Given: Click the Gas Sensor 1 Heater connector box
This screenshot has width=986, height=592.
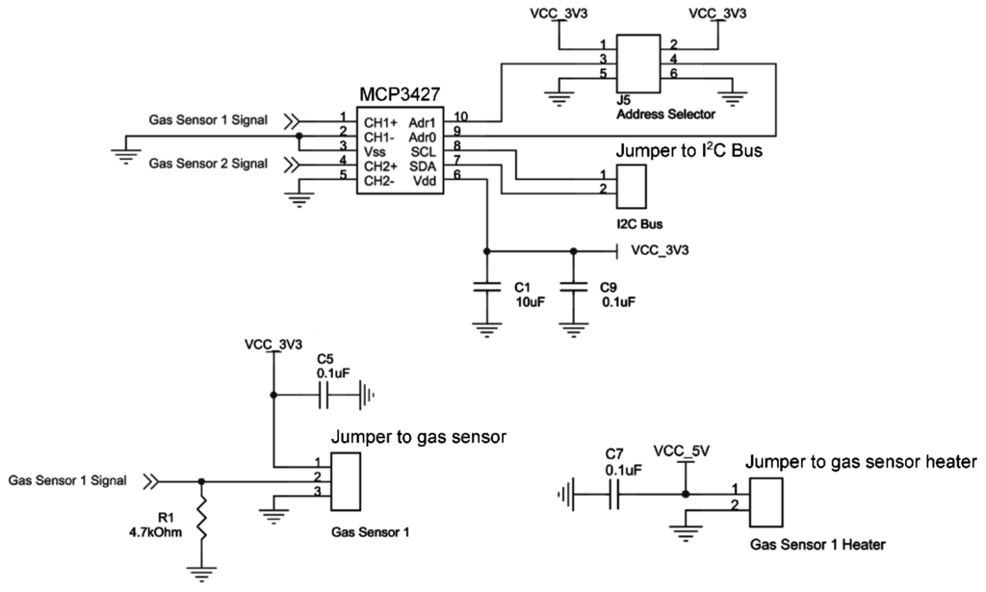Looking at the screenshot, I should (x=767, y=499).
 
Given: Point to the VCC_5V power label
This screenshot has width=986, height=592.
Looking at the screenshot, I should (x=682, y=450).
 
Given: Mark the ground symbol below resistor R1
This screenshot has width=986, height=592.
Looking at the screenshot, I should (x=201, y=575).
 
